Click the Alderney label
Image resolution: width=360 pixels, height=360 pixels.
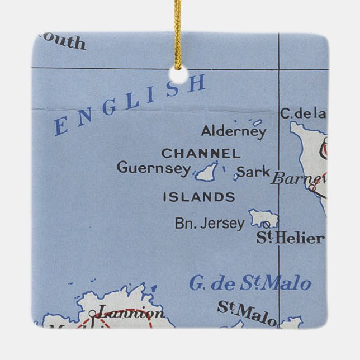click(234, 132)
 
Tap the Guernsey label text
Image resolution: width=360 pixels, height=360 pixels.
click(154, 168)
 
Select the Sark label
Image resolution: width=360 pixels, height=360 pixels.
click(253, 172)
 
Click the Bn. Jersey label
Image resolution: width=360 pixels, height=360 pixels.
click(210, 224)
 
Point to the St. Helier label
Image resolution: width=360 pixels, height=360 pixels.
click(290, 238)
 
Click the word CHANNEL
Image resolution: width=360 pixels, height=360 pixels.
click(201, 153)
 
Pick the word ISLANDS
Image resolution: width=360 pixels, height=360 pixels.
click(198, 197)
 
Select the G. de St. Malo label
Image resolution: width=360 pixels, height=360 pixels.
click(249, 283)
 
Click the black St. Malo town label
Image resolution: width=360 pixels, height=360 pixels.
click(246, 313)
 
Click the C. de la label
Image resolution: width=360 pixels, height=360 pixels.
click(302, 113)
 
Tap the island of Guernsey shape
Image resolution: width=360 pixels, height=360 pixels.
click(207, 171)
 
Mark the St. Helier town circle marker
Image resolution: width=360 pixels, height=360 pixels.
click(266, 224)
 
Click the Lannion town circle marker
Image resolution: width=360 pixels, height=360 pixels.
click(92, 314)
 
